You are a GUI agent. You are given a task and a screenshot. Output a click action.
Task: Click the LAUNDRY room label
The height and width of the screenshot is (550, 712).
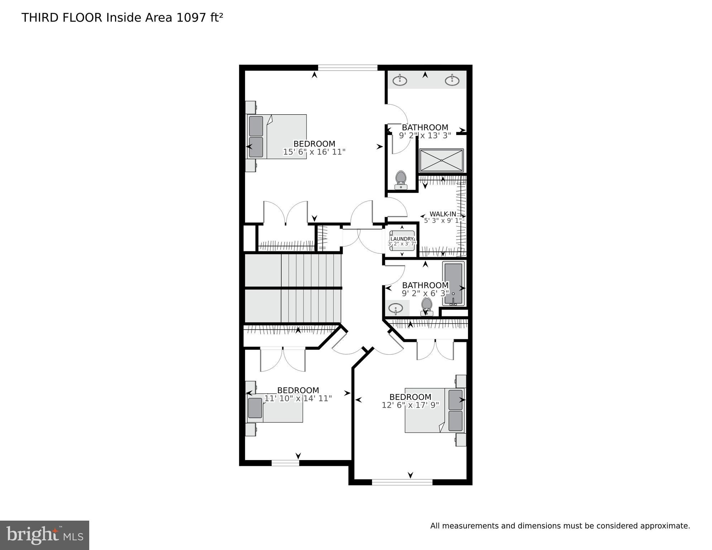click(x=402, y=239)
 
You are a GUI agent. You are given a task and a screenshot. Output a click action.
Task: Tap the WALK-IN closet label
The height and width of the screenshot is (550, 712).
click(x=443, y=214)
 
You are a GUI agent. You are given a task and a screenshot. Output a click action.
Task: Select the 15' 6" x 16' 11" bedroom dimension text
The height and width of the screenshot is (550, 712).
click(x=314, y=152)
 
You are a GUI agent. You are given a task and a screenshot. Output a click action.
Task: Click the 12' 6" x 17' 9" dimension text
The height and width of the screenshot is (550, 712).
click(x=410, y=405)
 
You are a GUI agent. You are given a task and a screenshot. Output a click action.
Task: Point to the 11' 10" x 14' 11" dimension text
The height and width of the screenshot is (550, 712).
click(x=298, y=398)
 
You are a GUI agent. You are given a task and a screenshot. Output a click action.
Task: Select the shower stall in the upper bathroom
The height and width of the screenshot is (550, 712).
click(x=441, y=161)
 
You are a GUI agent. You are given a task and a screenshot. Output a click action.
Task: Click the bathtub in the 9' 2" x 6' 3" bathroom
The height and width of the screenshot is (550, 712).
click(x=453, y=283)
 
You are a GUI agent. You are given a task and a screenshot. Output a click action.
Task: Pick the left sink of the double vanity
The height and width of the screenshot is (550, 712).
click(x=400, y=81)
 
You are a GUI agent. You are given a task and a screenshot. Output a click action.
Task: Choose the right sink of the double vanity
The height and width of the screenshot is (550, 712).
click(x=453, y=80)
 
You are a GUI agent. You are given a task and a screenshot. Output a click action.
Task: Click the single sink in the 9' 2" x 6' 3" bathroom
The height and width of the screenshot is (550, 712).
click(x=396, y=308)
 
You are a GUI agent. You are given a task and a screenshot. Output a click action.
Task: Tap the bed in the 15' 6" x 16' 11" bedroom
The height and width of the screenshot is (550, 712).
click(x=276, y=137)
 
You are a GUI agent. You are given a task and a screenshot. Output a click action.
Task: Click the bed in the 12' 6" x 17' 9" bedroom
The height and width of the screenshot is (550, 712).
click(x=435, y=410)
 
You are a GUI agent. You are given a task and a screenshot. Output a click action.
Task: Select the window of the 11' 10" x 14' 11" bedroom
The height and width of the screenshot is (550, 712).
click(x=285, y=463)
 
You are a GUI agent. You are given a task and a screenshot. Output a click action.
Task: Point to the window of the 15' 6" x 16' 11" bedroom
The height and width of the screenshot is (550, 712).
click(x=348, y=67)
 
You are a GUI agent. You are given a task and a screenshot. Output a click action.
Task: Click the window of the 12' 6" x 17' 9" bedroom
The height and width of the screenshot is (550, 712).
click(x=402, y=482)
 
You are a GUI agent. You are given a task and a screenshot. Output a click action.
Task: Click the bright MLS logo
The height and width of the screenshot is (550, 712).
click(x=44, y=535)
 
